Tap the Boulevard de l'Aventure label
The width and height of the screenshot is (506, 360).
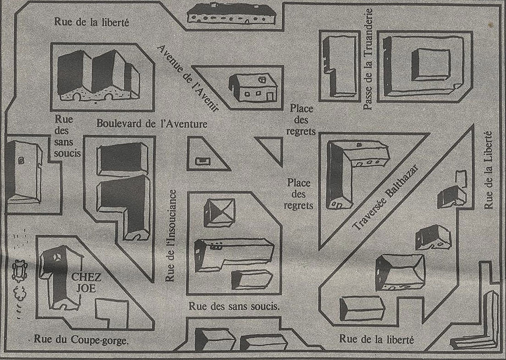click(x=152, y=124)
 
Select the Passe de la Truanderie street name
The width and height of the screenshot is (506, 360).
click(x=368, y=60)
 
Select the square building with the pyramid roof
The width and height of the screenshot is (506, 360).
click(x=219, y=212)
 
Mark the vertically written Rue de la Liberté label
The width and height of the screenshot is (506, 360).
click(x=489, y=170)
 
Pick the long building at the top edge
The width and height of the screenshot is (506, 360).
click(x=231, y=14)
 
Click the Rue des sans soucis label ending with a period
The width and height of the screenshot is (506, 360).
click(x=234, y=306)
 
